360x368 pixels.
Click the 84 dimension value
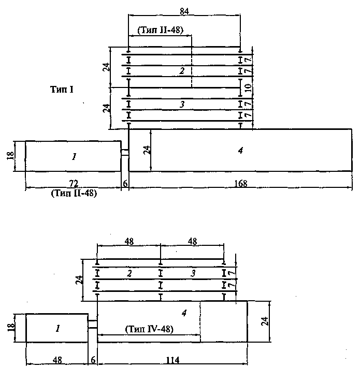pos(184,11)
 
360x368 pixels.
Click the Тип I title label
pos(62,90)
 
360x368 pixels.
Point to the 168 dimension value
pos(241,183)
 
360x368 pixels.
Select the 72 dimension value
pos(74,183)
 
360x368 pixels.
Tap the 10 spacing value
pos(249,88)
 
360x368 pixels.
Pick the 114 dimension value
pos(172,360)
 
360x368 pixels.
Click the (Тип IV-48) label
pos(149,329)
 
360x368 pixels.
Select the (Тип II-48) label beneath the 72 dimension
pos(74,193)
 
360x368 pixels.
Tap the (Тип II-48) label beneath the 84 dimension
pos(160,30)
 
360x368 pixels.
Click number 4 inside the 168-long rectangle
pos(240,151)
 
